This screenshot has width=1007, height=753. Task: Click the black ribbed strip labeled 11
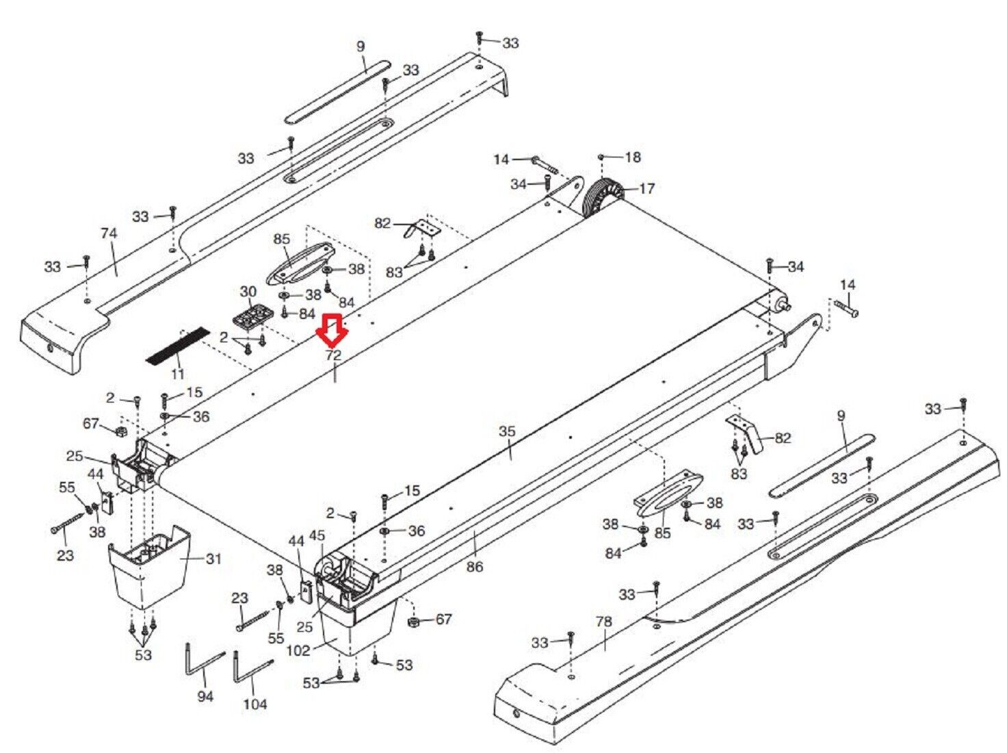pos(177,346)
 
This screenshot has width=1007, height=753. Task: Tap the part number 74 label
pos(109,233)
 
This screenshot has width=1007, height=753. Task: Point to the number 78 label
pos(603,622)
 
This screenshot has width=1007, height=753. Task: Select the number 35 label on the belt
pos(507,432)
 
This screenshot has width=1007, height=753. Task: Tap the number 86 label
pos(474,566)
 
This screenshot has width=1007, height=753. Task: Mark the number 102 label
pos(298,650)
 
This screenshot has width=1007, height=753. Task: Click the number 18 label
pos(633,157)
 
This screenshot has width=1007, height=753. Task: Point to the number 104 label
pos(254,704)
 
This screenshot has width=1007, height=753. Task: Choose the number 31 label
pos(213,559)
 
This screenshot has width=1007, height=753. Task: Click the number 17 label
pos(646,188)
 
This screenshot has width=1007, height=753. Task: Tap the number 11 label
pos(178,374)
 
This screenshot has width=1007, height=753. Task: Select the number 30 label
pos(248,292)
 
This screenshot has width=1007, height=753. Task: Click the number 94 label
pos(205,696)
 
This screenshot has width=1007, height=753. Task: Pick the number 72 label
pos(333,355)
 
